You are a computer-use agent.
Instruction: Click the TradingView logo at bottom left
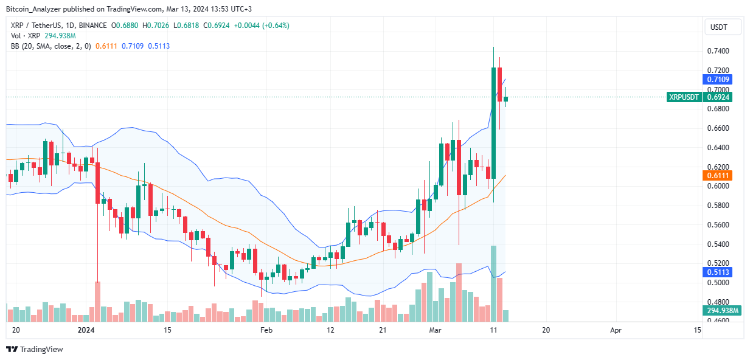[x=34, y=349]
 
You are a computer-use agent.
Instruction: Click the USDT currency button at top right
[x=723, y=27]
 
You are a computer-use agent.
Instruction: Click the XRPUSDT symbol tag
[x=683, y=97]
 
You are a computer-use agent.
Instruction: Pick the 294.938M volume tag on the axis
[x=723, y=311]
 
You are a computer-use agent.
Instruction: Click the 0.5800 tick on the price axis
[x=718, y=206]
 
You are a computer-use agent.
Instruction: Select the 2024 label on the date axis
[x=87, y=330]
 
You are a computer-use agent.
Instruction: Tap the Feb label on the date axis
[x=265, y=330]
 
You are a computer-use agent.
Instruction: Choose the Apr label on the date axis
[x=616, y=330]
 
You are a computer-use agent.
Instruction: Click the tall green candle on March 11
[x=493, y=122]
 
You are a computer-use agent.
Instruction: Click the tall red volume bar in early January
[x=97, y=302]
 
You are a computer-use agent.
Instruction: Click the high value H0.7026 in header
[x=159, y=26]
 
